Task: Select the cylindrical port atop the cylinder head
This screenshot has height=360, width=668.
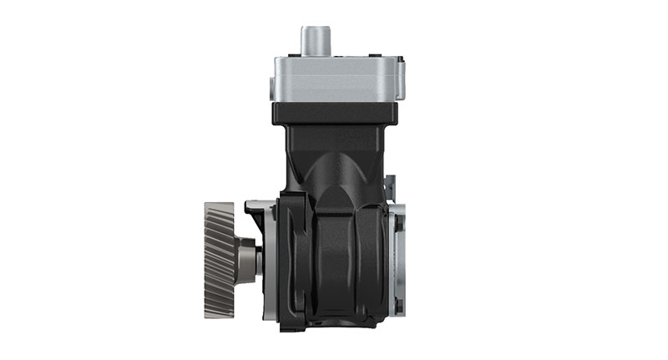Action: (316, 42)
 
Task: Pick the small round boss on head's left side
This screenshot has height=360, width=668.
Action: (271, 85)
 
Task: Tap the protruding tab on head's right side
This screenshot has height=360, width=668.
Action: (401, 77)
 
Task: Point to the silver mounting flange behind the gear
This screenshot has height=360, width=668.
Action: (262, 251)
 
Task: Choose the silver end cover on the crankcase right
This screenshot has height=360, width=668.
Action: (396, 259)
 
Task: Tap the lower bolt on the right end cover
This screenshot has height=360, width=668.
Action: (398, 306)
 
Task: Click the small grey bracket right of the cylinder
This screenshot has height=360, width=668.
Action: (389, 188)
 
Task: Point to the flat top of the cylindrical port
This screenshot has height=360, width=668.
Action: (316, 29)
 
